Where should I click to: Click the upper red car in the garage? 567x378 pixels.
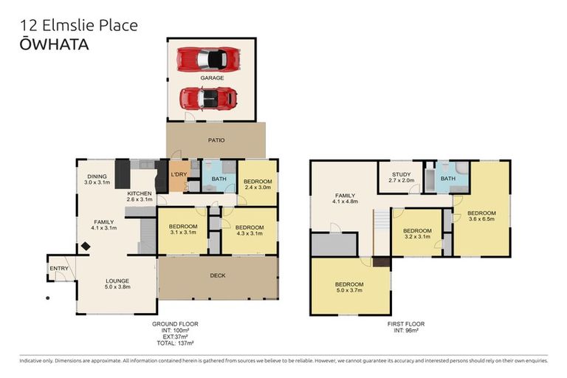[x=209, y=59]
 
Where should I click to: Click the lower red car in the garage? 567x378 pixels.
[x=209, y=98]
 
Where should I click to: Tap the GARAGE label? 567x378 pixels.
[x=213, y=78]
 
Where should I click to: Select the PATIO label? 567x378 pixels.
[x=216, y=140]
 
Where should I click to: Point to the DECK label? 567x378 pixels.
[x=218, y=275]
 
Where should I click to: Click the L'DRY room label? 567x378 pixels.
[x=179, y=174]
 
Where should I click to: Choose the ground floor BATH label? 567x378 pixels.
[x=219, y=179]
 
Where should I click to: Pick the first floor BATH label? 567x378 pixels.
[x=448, y=179]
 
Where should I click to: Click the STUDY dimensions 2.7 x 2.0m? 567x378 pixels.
[x=402, y=180]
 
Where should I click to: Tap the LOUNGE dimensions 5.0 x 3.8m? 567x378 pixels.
[x=117, y=287]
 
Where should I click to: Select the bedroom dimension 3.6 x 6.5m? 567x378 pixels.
[x=481, y=219]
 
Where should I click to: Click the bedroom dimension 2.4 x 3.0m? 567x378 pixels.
[x=258, y=188]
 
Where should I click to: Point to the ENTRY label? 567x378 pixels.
[x=59, y=269]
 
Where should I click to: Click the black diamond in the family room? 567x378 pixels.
[x=86, y=247]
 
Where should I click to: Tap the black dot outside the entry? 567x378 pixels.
[x=48, y=298]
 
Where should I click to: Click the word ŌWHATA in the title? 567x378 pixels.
[x=54, y=44]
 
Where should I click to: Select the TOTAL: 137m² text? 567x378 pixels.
[x=175, y=343]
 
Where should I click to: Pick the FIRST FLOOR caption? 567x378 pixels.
[x=406, y=324]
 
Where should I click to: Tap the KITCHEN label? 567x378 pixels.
[x=140, y=193]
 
